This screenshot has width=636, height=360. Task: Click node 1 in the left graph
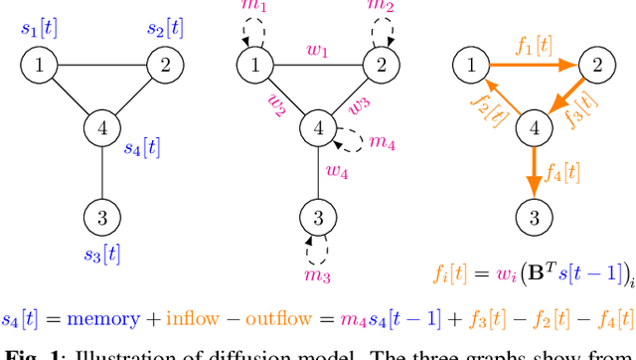click(39, 67)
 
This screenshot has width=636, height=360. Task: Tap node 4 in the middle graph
click(318, 127)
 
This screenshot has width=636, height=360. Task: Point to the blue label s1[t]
click(39, 27)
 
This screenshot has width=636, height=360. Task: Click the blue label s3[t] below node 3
click(100, 254)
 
